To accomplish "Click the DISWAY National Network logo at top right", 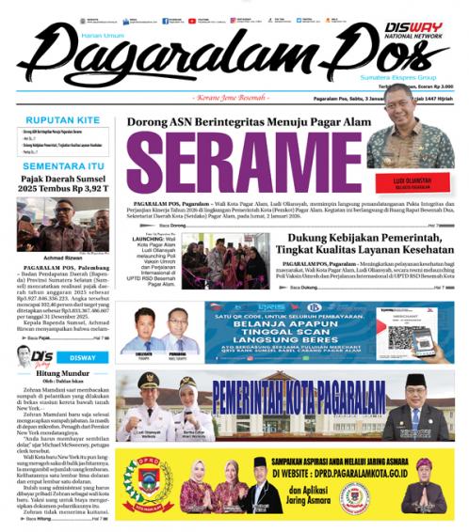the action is pyautogui.click(x=414, y=34).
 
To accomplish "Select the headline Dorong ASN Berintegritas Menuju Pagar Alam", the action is pyautogui.click(x=239, y=122).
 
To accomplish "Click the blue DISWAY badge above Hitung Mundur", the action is pyautogui.click(x=82, y=357).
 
